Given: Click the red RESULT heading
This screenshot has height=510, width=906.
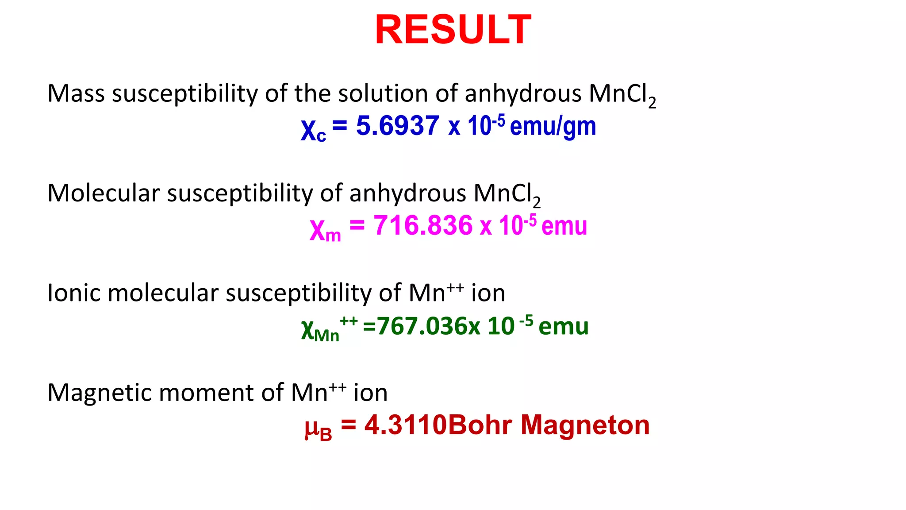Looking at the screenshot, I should (x=453, y=30).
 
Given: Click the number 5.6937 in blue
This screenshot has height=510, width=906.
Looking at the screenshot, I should (x=397, y=126).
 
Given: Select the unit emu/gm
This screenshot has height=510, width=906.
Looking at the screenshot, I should (x=553, y=127).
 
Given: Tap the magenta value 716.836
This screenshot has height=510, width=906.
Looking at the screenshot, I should (x=423, y=225).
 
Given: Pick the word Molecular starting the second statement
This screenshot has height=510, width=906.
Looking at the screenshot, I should (x=103, y=193).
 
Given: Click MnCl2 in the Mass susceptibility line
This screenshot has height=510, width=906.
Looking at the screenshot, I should (x=622, y=95).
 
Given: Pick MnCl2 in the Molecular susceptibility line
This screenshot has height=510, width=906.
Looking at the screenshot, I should (x=507, y=194).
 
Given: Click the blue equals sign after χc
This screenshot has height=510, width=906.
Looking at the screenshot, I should (x=340, y=125).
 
